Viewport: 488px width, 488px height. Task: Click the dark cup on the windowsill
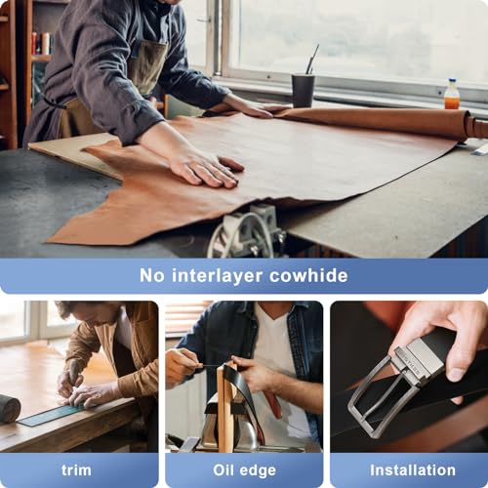click(303, 91)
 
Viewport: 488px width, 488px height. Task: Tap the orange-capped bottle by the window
click(451, 95)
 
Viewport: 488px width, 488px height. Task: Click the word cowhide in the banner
click(305, 275)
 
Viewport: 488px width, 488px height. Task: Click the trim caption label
click(76, 469)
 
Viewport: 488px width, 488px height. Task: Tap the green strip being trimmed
click(49, 415)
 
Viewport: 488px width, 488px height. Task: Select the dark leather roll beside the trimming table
click(9, 408)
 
